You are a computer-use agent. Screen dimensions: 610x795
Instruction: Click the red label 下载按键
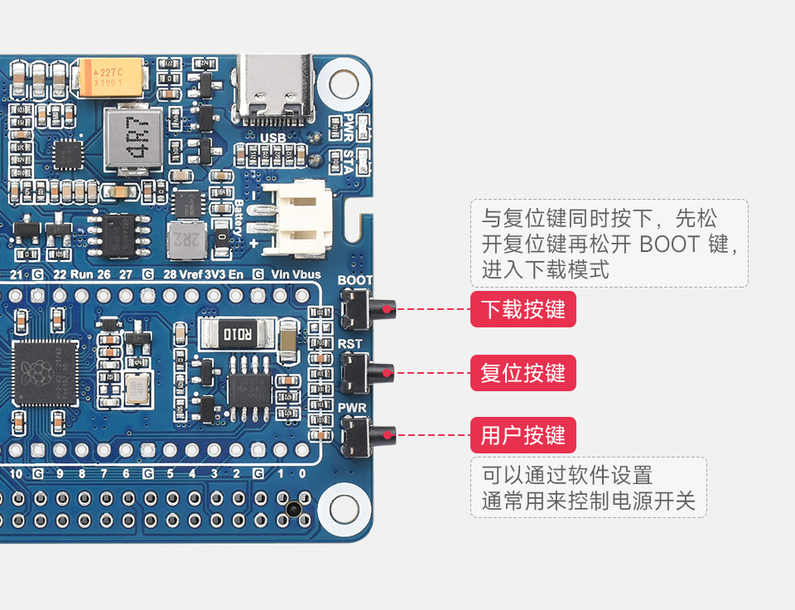tap(523, 310)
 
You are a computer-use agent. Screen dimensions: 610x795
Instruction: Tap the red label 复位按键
tap(523, 373)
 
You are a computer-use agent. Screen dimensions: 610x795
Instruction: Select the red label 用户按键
tap(523, 435)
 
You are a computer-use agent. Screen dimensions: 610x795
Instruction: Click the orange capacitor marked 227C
tap(109, 77)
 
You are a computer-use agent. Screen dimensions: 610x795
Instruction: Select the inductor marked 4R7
tap(133, 139)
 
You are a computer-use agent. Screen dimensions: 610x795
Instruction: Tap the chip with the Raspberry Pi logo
tap(45, 372)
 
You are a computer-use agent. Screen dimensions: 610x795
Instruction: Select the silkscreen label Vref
tap(190, 274)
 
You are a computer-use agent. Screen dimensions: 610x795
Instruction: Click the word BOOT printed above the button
tap(354, 280)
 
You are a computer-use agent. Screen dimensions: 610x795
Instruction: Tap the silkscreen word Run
tap(81, 274)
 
